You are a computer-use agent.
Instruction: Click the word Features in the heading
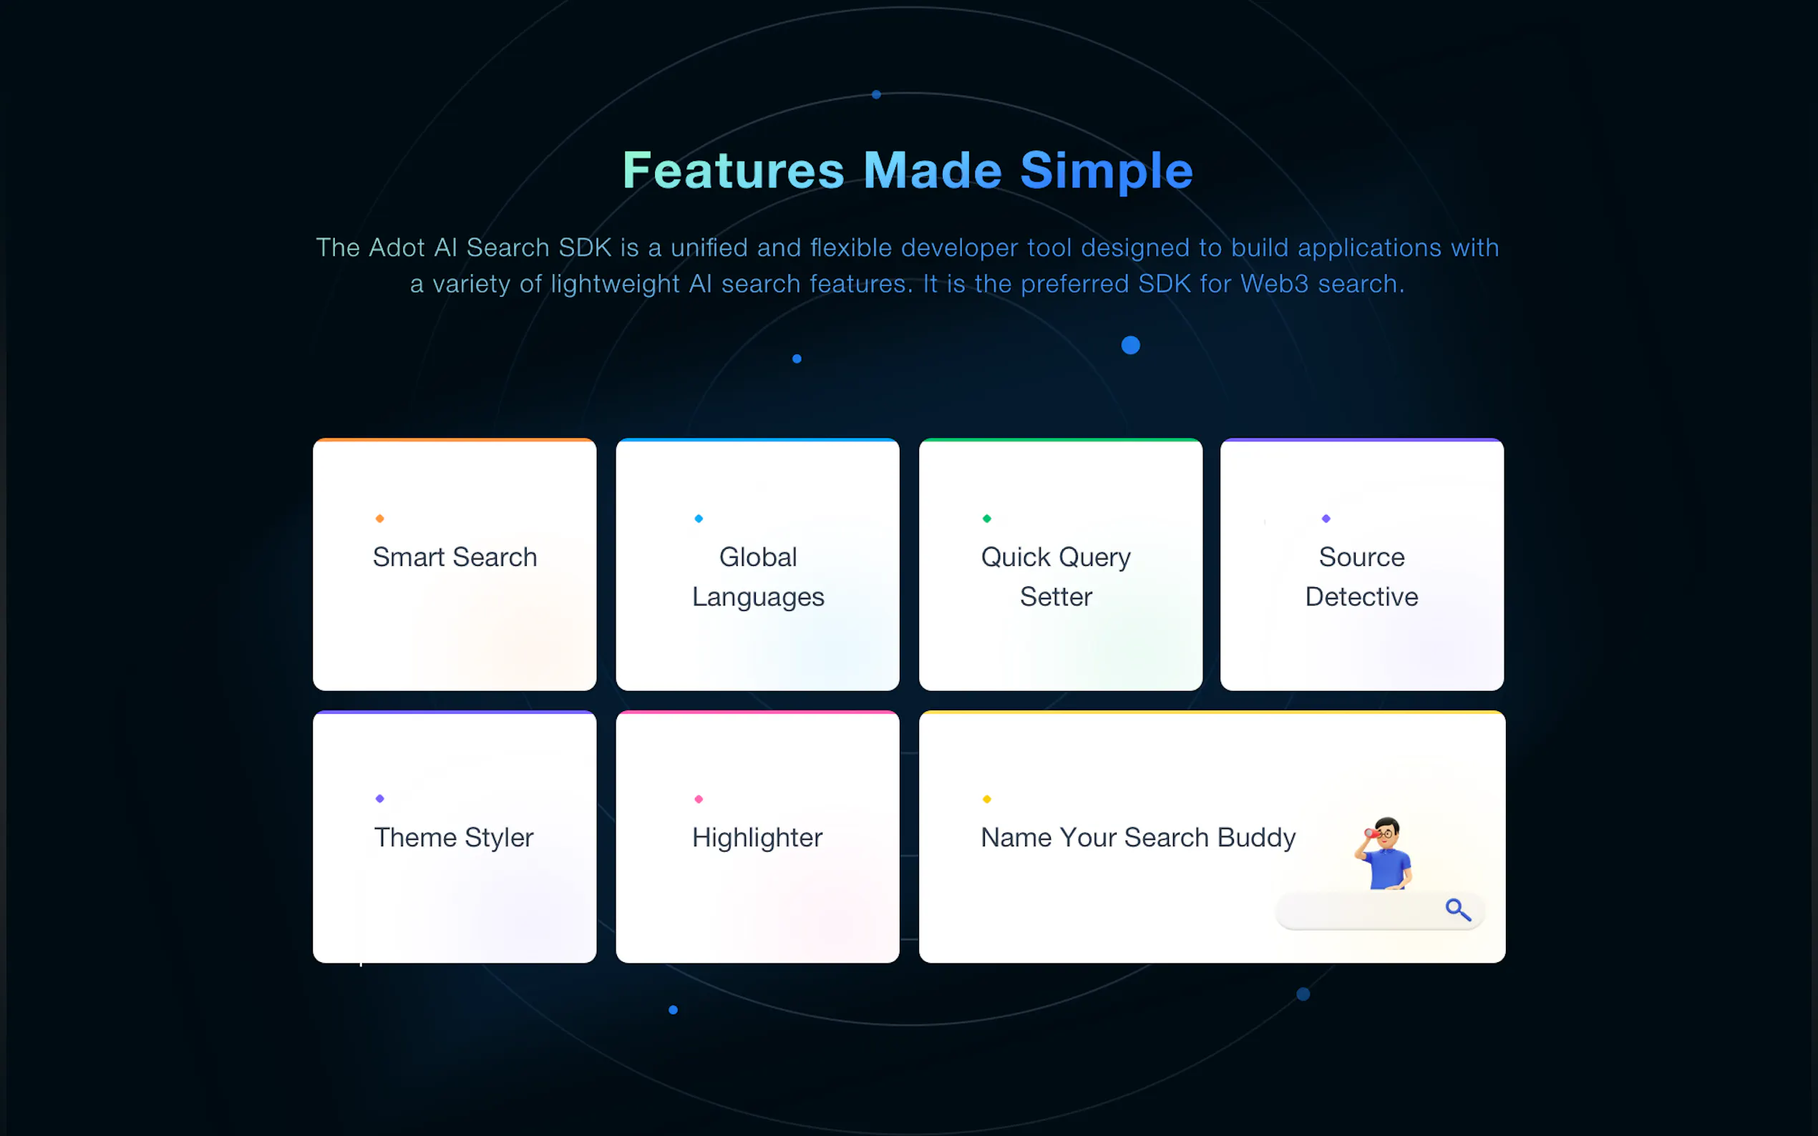pyautogui.click(x=733, y=170)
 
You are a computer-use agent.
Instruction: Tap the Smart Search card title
pyautogui.click(x=454, y=557)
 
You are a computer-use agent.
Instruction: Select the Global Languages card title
pyautogui.click(x=757, y=577)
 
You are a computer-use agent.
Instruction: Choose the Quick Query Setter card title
pyautogui.click(x=1056, y=577)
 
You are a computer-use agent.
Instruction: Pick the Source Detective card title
pyautogui.click(x=1362, y=577)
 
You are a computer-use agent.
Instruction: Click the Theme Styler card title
pyautogui.click(x=454, y=838)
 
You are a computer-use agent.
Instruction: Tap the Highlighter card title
pyautogui.click(x=757, y=838)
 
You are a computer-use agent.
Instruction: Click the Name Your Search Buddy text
pyautogui.click(x=1138, y=838)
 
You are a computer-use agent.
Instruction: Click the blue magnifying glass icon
pyautogui.click(x=1458, y=910)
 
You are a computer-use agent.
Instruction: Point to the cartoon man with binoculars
pyautogui.click(x=1384, y=853)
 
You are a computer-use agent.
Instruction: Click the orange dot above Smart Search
pyautogui.click(x=379, y=519)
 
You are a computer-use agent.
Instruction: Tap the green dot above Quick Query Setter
pyautogui.click(x=987, y=519)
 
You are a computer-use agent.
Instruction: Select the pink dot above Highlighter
pyautogui.click(x=699, y=798)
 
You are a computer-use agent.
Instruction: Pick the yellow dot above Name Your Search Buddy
pyautogui.click(x=987, y=798)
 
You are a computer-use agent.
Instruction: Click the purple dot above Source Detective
pyautogui.click(x=1326, y=519)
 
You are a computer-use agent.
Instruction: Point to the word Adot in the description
pyautogui.click(x=397, y=248)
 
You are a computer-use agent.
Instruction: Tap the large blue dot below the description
pyautogui.click(x=1130, y=345)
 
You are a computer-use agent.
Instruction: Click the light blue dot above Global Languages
pyautogui.click(x=699, y=519)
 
